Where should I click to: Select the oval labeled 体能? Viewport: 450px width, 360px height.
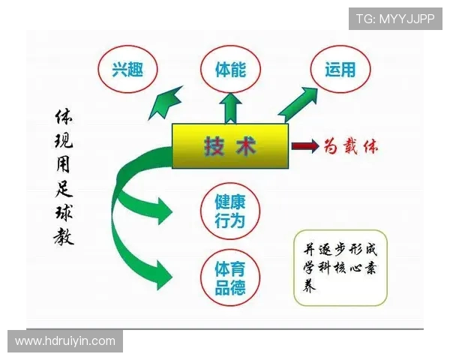point(230,71)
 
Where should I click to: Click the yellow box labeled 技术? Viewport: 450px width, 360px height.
point(229,145)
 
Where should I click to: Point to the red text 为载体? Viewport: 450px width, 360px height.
point(351,145)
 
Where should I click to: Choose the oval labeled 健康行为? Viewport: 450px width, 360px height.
point(230,211)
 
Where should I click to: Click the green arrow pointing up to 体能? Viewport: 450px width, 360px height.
point(230,108)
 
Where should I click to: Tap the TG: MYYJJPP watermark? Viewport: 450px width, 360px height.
point(394,19)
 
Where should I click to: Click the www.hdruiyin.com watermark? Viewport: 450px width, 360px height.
point(65,341)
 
